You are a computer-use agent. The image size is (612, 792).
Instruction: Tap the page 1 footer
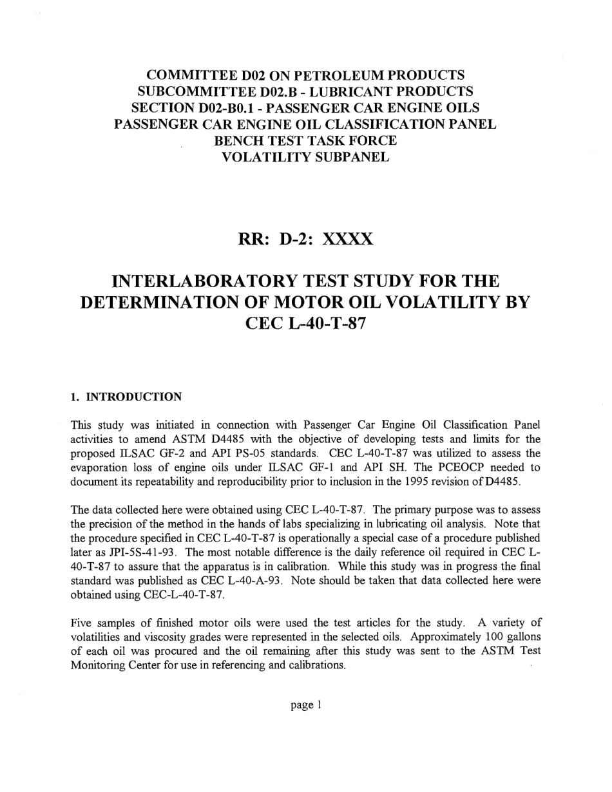click(305, 705)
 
